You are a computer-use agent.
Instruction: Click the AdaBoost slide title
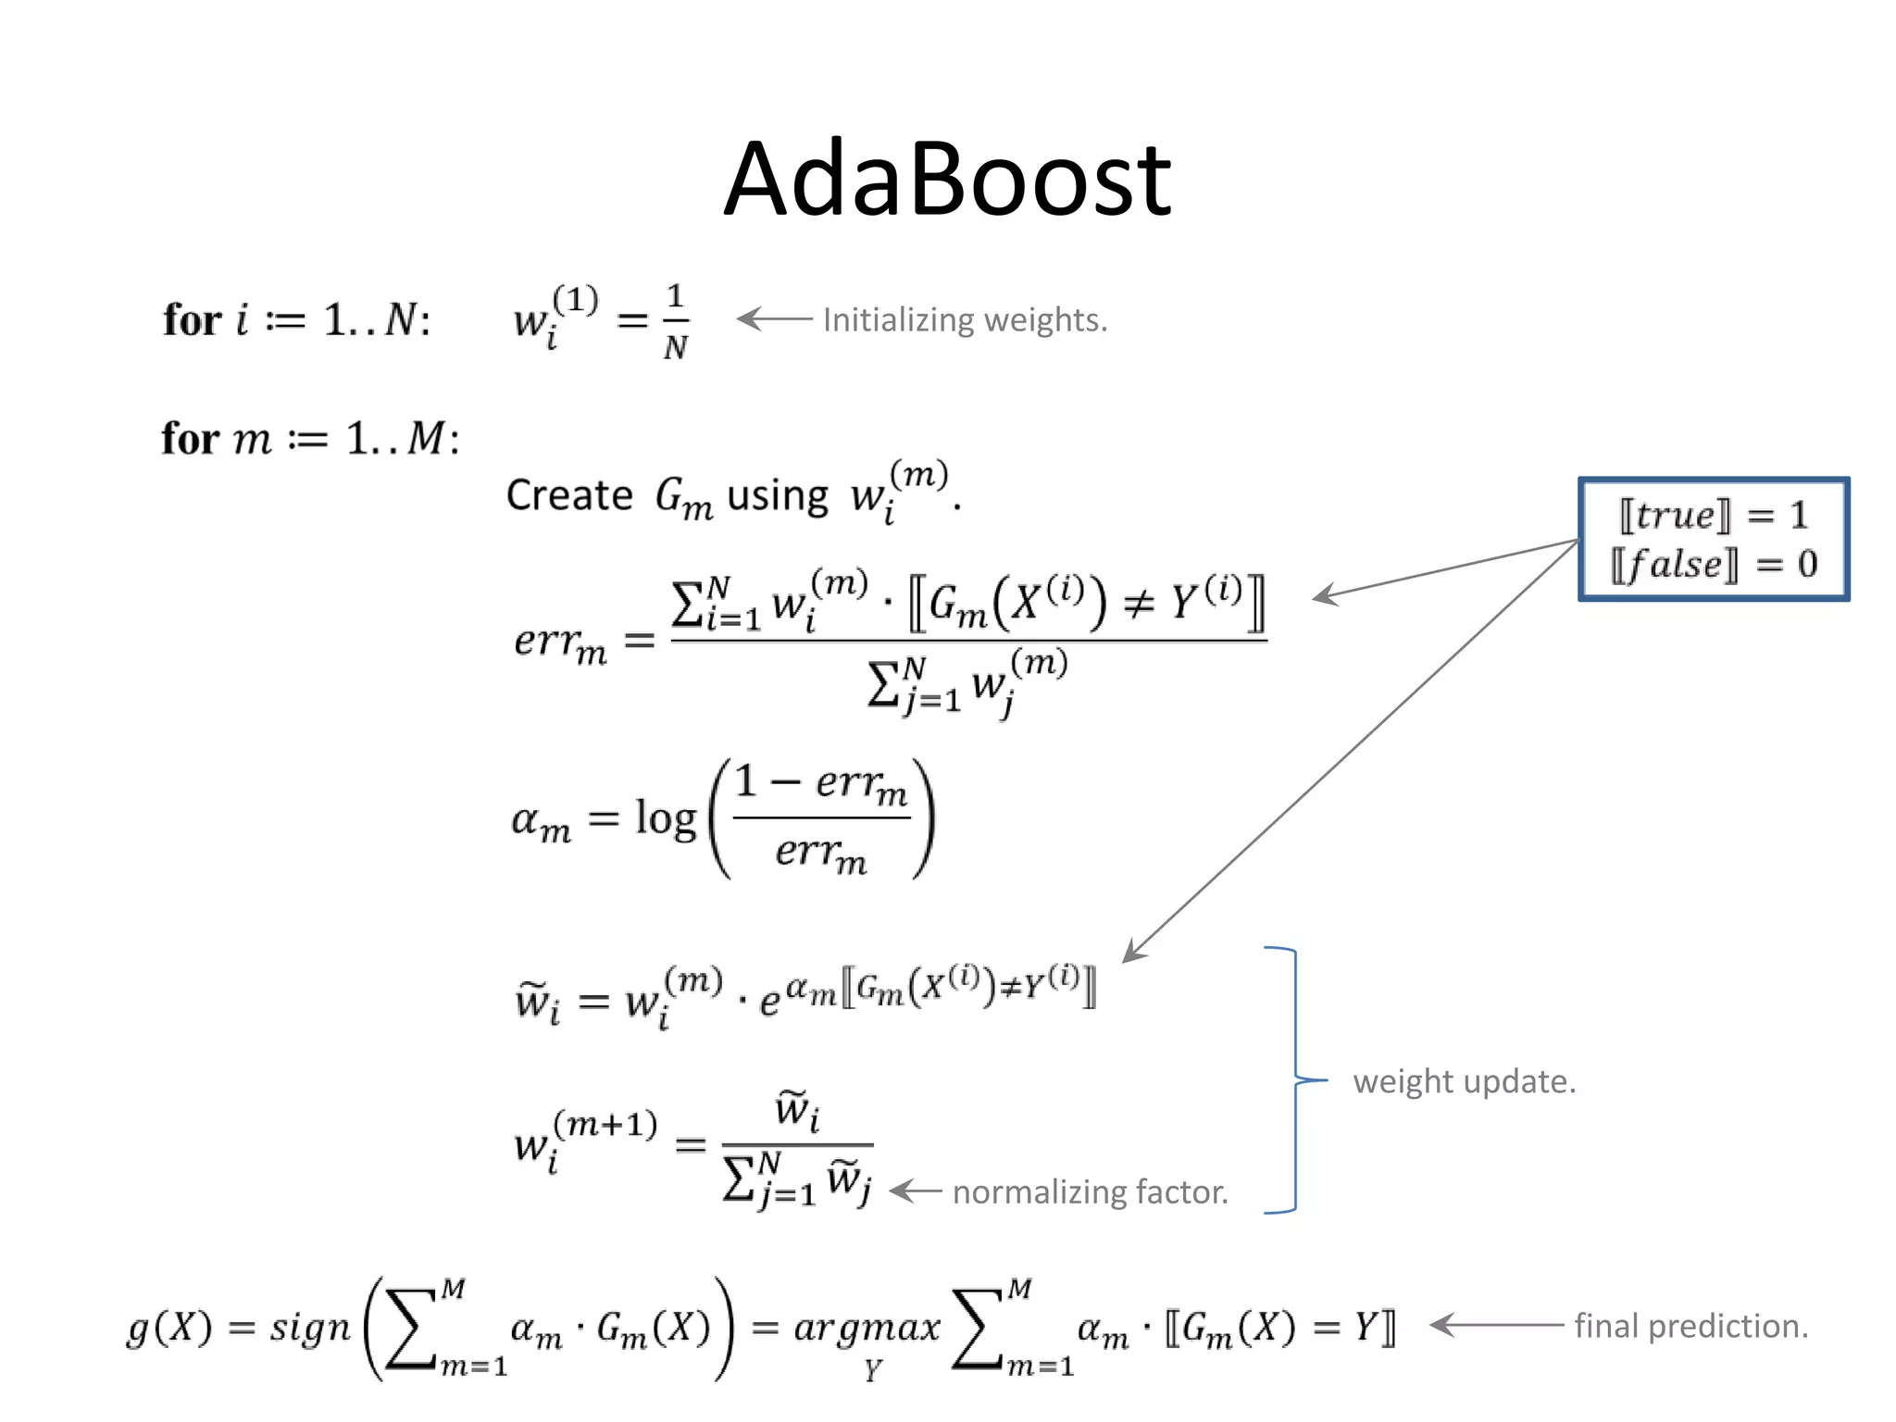coord(947,179)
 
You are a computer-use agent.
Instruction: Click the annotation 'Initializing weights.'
coord(965,320)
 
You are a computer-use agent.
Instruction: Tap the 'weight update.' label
coord(1464,1081)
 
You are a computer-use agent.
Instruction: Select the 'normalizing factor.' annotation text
coord(1090,1191)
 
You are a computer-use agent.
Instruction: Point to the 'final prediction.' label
coord(1690,1326)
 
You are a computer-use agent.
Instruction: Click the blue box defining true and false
coord(1714,539)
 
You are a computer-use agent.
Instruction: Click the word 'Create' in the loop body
coord(568,495)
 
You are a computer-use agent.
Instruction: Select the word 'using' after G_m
coord(777,497)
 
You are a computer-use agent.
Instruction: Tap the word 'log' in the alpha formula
coord(665,818)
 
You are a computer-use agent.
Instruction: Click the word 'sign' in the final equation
coord(310,1328)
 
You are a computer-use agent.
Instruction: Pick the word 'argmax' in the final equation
coord(867,1328)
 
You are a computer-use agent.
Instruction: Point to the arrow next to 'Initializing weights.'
coord(774,319)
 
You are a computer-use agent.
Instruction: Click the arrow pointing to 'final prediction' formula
coord(1495,1325)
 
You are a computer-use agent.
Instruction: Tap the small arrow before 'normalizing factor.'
coord(916,1191)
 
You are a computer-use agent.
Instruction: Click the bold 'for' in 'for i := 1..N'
coord(192,320)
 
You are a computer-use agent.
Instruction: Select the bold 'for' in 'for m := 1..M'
coord(190,439)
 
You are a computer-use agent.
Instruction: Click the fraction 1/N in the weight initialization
coord(675,321)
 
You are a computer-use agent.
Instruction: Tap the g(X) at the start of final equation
coord(169,1328)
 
